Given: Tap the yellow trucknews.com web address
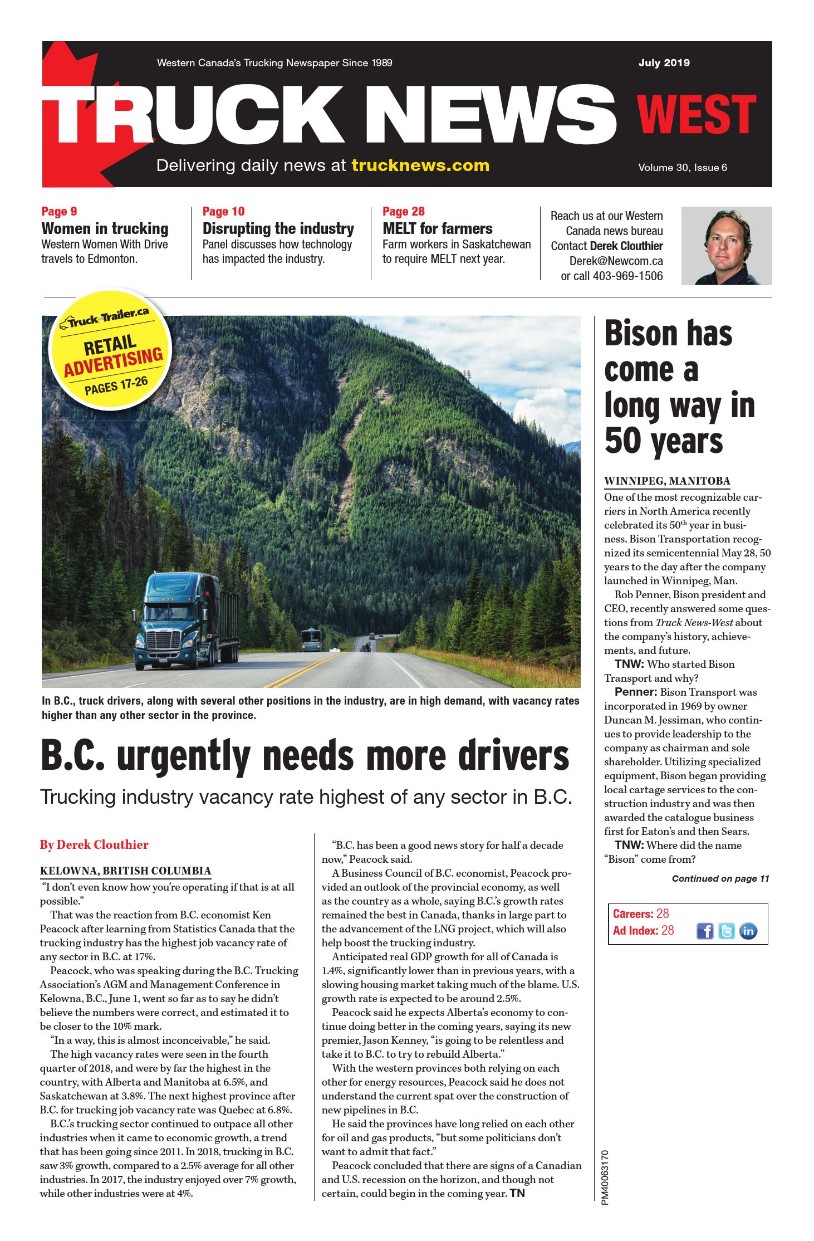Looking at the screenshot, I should pos(420,165).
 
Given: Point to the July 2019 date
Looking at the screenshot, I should pos(664,63).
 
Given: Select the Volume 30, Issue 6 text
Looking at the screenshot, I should pos(682,168).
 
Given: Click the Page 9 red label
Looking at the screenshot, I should pos(59,212).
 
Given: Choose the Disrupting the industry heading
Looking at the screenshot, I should pos(278,229).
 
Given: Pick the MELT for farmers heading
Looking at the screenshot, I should pos(437,229).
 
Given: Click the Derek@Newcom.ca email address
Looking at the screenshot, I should pos(616,261).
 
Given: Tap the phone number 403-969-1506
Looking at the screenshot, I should pos(627,276).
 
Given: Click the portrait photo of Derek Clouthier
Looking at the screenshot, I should pos(726,246).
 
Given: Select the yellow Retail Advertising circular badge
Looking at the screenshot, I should pos(110,349).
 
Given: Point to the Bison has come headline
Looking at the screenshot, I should pos(679,387).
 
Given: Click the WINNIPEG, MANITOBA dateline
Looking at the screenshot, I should pos(666,481).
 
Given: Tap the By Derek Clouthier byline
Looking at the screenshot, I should pos(94,845).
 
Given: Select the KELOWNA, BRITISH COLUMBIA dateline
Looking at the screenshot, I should pos(125,871).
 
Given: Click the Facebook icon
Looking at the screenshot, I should pos(705,931).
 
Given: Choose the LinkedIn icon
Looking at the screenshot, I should pos(748,931).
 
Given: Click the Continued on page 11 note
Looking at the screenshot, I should pos(720,879).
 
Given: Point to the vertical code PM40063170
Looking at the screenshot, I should pos(605,1177).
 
